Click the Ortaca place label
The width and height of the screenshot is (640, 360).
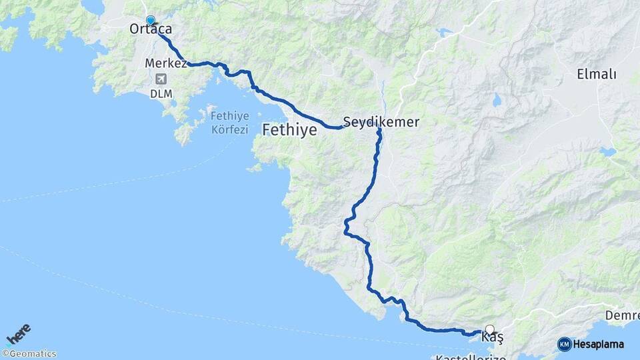(151, 29)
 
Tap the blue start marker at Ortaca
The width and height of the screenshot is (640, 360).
(151, 21)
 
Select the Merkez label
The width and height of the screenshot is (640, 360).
(165, 63)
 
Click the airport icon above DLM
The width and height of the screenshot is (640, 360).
(160, 79)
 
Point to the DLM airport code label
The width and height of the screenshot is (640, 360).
(161, 93)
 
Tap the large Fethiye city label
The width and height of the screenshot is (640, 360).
(289, 130)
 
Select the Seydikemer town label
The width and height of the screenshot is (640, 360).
(381, 122)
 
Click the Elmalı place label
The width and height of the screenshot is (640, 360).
(596, 74)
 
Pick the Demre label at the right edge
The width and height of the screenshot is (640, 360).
(623, 314)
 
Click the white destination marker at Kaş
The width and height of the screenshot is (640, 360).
(490, 329)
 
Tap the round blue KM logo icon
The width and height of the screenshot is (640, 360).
(565, 344)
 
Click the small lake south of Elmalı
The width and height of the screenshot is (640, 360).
(607, 152)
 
